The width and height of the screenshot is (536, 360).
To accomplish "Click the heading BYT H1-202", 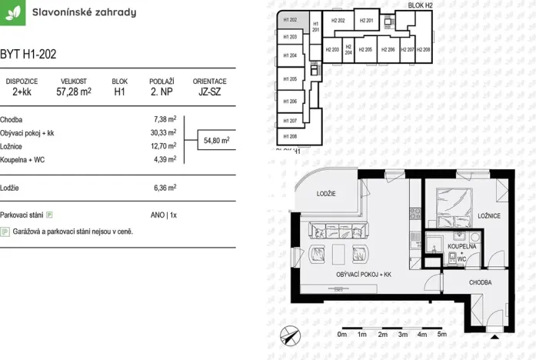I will click(x=28, y=55).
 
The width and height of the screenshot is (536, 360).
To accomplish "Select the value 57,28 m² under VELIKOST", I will click(x=74, y=92).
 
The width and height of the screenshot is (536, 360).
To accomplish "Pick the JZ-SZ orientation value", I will click(x=209, y=92).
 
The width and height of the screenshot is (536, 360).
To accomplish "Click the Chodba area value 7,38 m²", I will click(x=165, y=119).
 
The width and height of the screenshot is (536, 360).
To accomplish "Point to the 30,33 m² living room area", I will click(x=164, y=132).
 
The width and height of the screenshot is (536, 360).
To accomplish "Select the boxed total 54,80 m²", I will click(x=215, y=141).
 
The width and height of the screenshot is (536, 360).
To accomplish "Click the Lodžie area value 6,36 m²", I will click(x=165, y=187).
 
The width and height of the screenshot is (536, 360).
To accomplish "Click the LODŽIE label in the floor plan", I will click(x=327, y=194).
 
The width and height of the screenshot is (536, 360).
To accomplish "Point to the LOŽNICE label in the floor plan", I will click(x=488, y=217).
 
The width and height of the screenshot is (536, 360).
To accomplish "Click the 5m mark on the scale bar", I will click(x=441, y=335).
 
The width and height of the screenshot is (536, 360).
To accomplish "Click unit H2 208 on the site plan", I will click(x=424, y=49).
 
